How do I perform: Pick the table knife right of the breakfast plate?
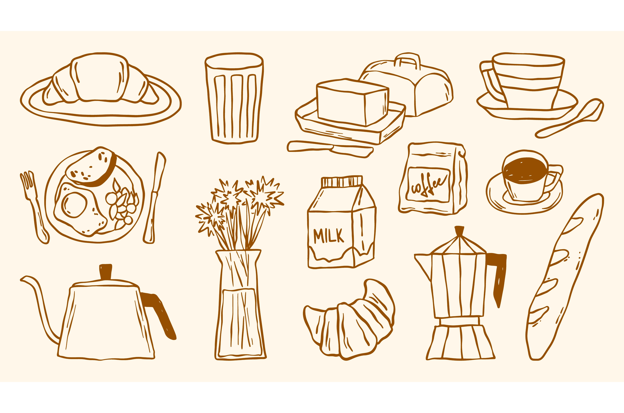pos(155,198)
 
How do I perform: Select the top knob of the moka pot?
pos(459,230)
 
